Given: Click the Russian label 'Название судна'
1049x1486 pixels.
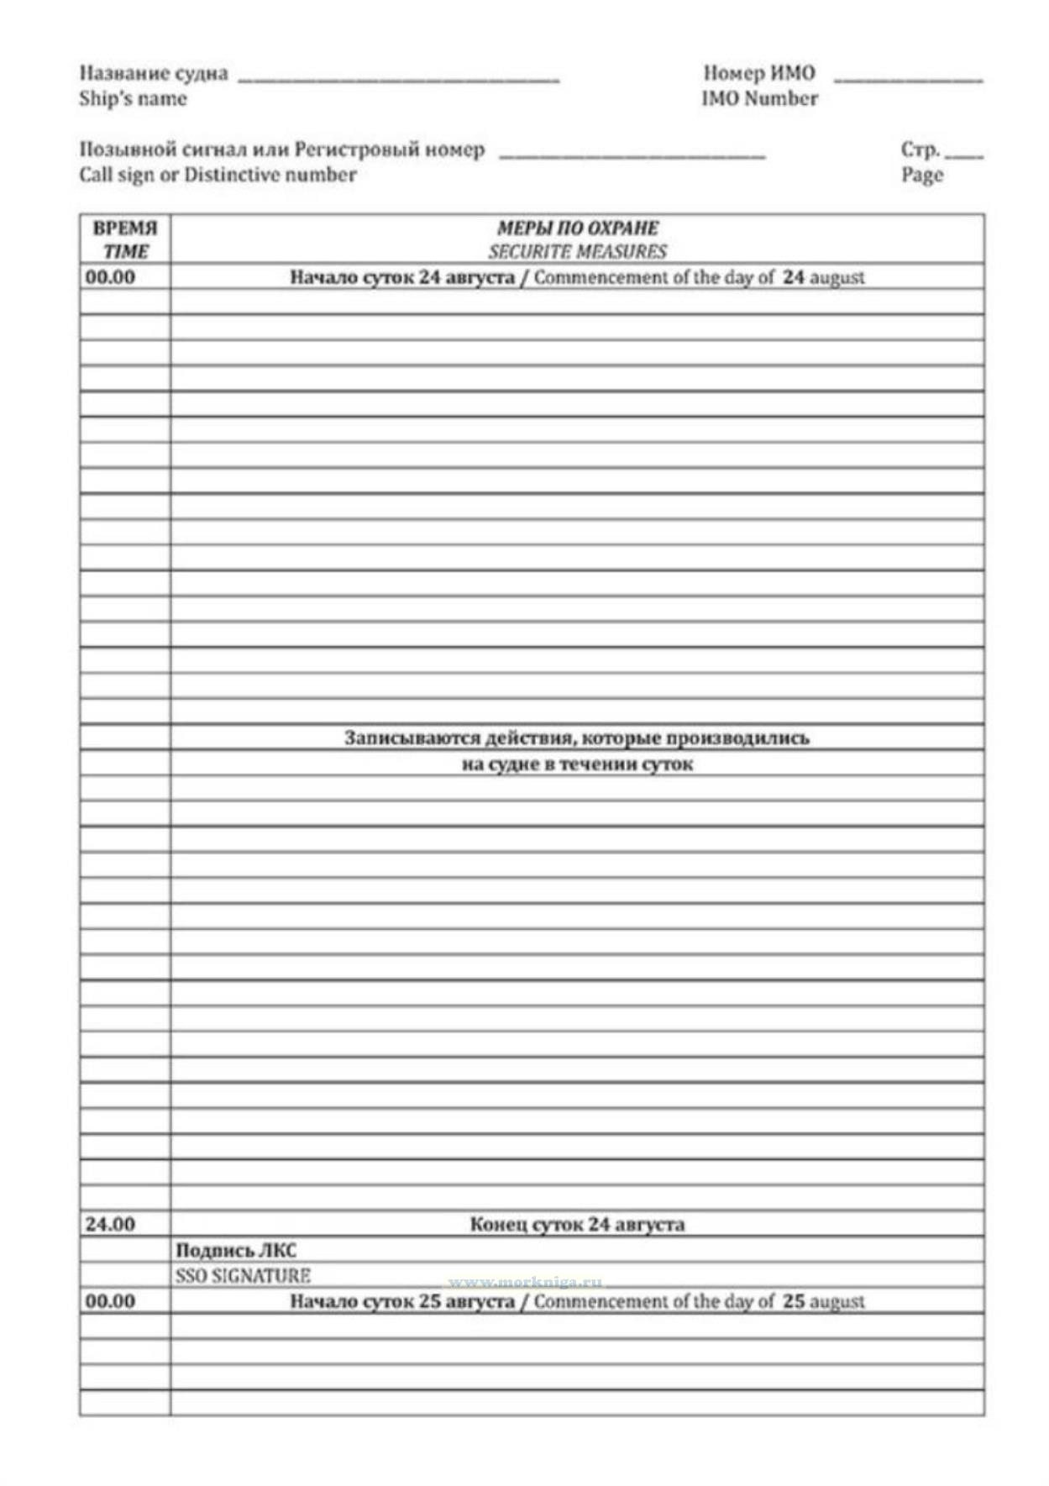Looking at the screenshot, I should [154, 73].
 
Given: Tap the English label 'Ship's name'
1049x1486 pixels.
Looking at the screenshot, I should [133, 98].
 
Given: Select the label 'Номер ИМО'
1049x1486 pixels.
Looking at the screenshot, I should [759, 73].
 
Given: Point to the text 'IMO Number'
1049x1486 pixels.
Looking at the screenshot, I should [759, 98].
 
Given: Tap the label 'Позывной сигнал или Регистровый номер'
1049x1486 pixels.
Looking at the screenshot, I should [282, 150].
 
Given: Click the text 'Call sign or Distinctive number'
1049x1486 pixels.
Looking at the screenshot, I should [218, 175].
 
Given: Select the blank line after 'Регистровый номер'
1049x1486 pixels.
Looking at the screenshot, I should [632, 155].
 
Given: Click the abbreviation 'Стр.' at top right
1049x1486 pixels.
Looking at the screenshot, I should [920, 150].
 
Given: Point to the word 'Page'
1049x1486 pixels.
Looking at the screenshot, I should [922, 175].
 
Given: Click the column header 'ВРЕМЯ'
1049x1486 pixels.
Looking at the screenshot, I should [125, 228].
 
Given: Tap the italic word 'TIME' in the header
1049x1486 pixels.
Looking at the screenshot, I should [125, 251].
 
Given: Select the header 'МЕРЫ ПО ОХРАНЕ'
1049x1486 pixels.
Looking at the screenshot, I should [578, 228].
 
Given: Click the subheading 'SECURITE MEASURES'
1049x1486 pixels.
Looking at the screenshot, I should [578, 251].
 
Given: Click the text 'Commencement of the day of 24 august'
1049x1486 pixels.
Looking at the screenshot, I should [699, 277].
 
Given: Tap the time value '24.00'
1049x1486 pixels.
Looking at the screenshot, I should [110, 1224].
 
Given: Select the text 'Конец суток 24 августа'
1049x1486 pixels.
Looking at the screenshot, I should [577, 1224].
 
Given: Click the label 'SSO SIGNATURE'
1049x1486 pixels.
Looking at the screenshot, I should [243, 1275].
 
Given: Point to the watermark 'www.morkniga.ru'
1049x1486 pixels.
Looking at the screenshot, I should [525, 1282].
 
